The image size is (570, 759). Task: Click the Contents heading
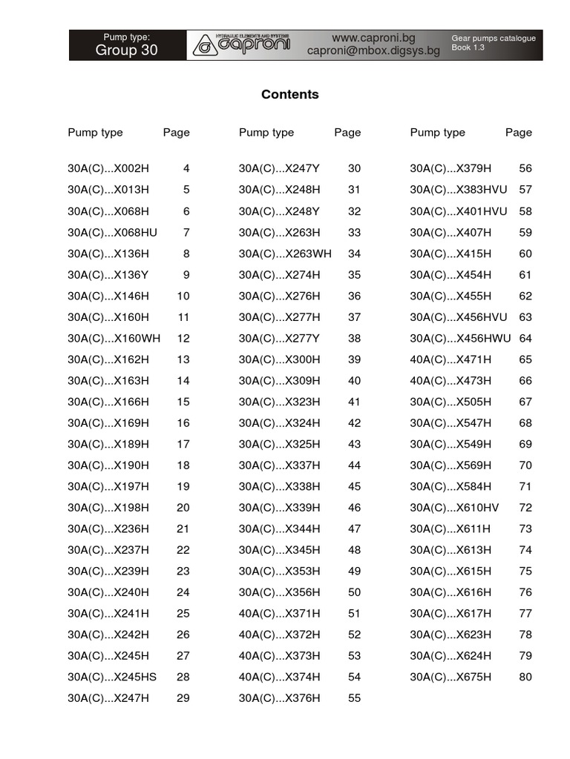pos(289,94)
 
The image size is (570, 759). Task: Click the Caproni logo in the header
pos(243,45)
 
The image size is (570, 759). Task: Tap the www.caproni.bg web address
pos(373,37)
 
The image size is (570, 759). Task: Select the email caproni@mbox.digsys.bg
pos(373,51)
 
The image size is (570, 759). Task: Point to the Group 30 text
pos(126,50)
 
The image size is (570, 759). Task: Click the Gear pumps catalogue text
pos(493,38)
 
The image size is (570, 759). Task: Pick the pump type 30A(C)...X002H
pos(108,168)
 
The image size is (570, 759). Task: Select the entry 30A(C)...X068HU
pos(112,232)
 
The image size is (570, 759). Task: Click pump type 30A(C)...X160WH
pos(114,338)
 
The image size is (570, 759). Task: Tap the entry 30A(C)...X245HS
pos(112,677)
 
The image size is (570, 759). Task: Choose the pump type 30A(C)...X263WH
pos(285,253)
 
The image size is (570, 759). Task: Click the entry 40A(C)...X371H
pos(280,613)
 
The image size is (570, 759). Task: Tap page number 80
pos(525,677)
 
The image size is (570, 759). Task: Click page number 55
pos(354,698)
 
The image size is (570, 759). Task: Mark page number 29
pos(183,698)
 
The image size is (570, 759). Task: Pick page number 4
pos(186,168)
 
